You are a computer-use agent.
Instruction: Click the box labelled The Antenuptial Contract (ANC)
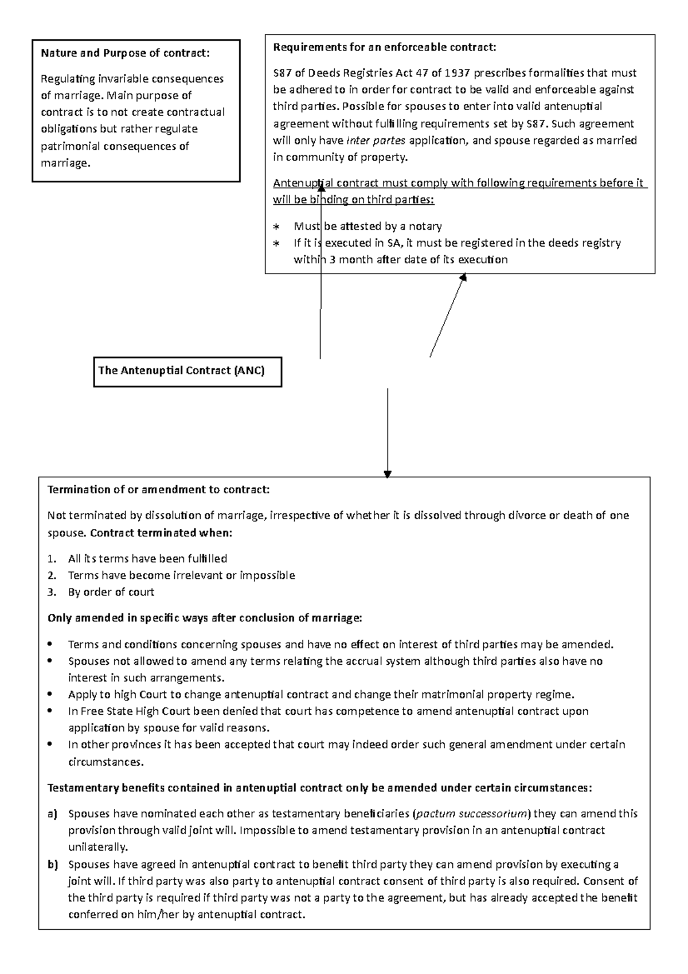pos(187,371)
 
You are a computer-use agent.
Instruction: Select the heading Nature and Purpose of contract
pos(125,54)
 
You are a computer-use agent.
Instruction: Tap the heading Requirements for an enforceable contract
pos(384,48)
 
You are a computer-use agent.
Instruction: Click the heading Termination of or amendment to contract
pos(158,490)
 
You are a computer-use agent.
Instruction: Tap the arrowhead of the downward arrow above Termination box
pos(388,474)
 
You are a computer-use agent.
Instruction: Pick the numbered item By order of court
pos(111,592)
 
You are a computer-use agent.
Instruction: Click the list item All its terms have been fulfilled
pos(147,559)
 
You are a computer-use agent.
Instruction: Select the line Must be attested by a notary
pos(368,227)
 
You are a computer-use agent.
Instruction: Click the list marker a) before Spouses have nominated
pos(53,814)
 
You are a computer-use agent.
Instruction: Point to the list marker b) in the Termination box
pos(53,864)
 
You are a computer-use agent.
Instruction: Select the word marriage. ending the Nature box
pos(65,163)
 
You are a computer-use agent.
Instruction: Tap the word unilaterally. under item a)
pos(98,847)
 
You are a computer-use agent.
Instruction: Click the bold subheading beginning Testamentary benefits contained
pos(319,788)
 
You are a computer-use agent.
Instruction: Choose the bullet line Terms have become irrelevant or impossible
pos(181,575)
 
